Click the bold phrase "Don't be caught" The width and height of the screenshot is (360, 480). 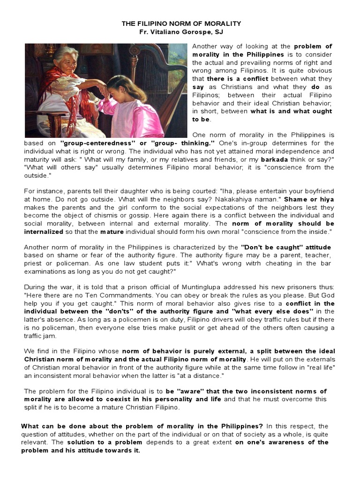tap(266, 247)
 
